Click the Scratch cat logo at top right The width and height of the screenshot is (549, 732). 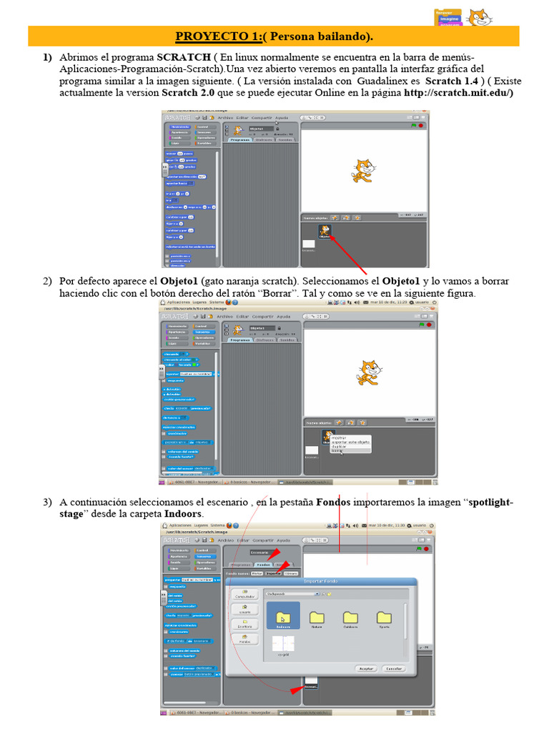click(480, 16)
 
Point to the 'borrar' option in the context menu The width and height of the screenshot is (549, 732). click(338, 450)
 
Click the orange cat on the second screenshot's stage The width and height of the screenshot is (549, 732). click(369, 373)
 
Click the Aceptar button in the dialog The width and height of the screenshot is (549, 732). click(366, 668)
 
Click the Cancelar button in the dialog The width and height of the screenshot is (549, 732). click(395, 668)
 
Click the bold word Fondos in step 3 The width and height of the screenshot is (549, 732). click(333, 503)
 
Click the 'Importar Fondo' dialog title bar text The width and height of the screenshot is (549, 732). click(319, 581)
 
